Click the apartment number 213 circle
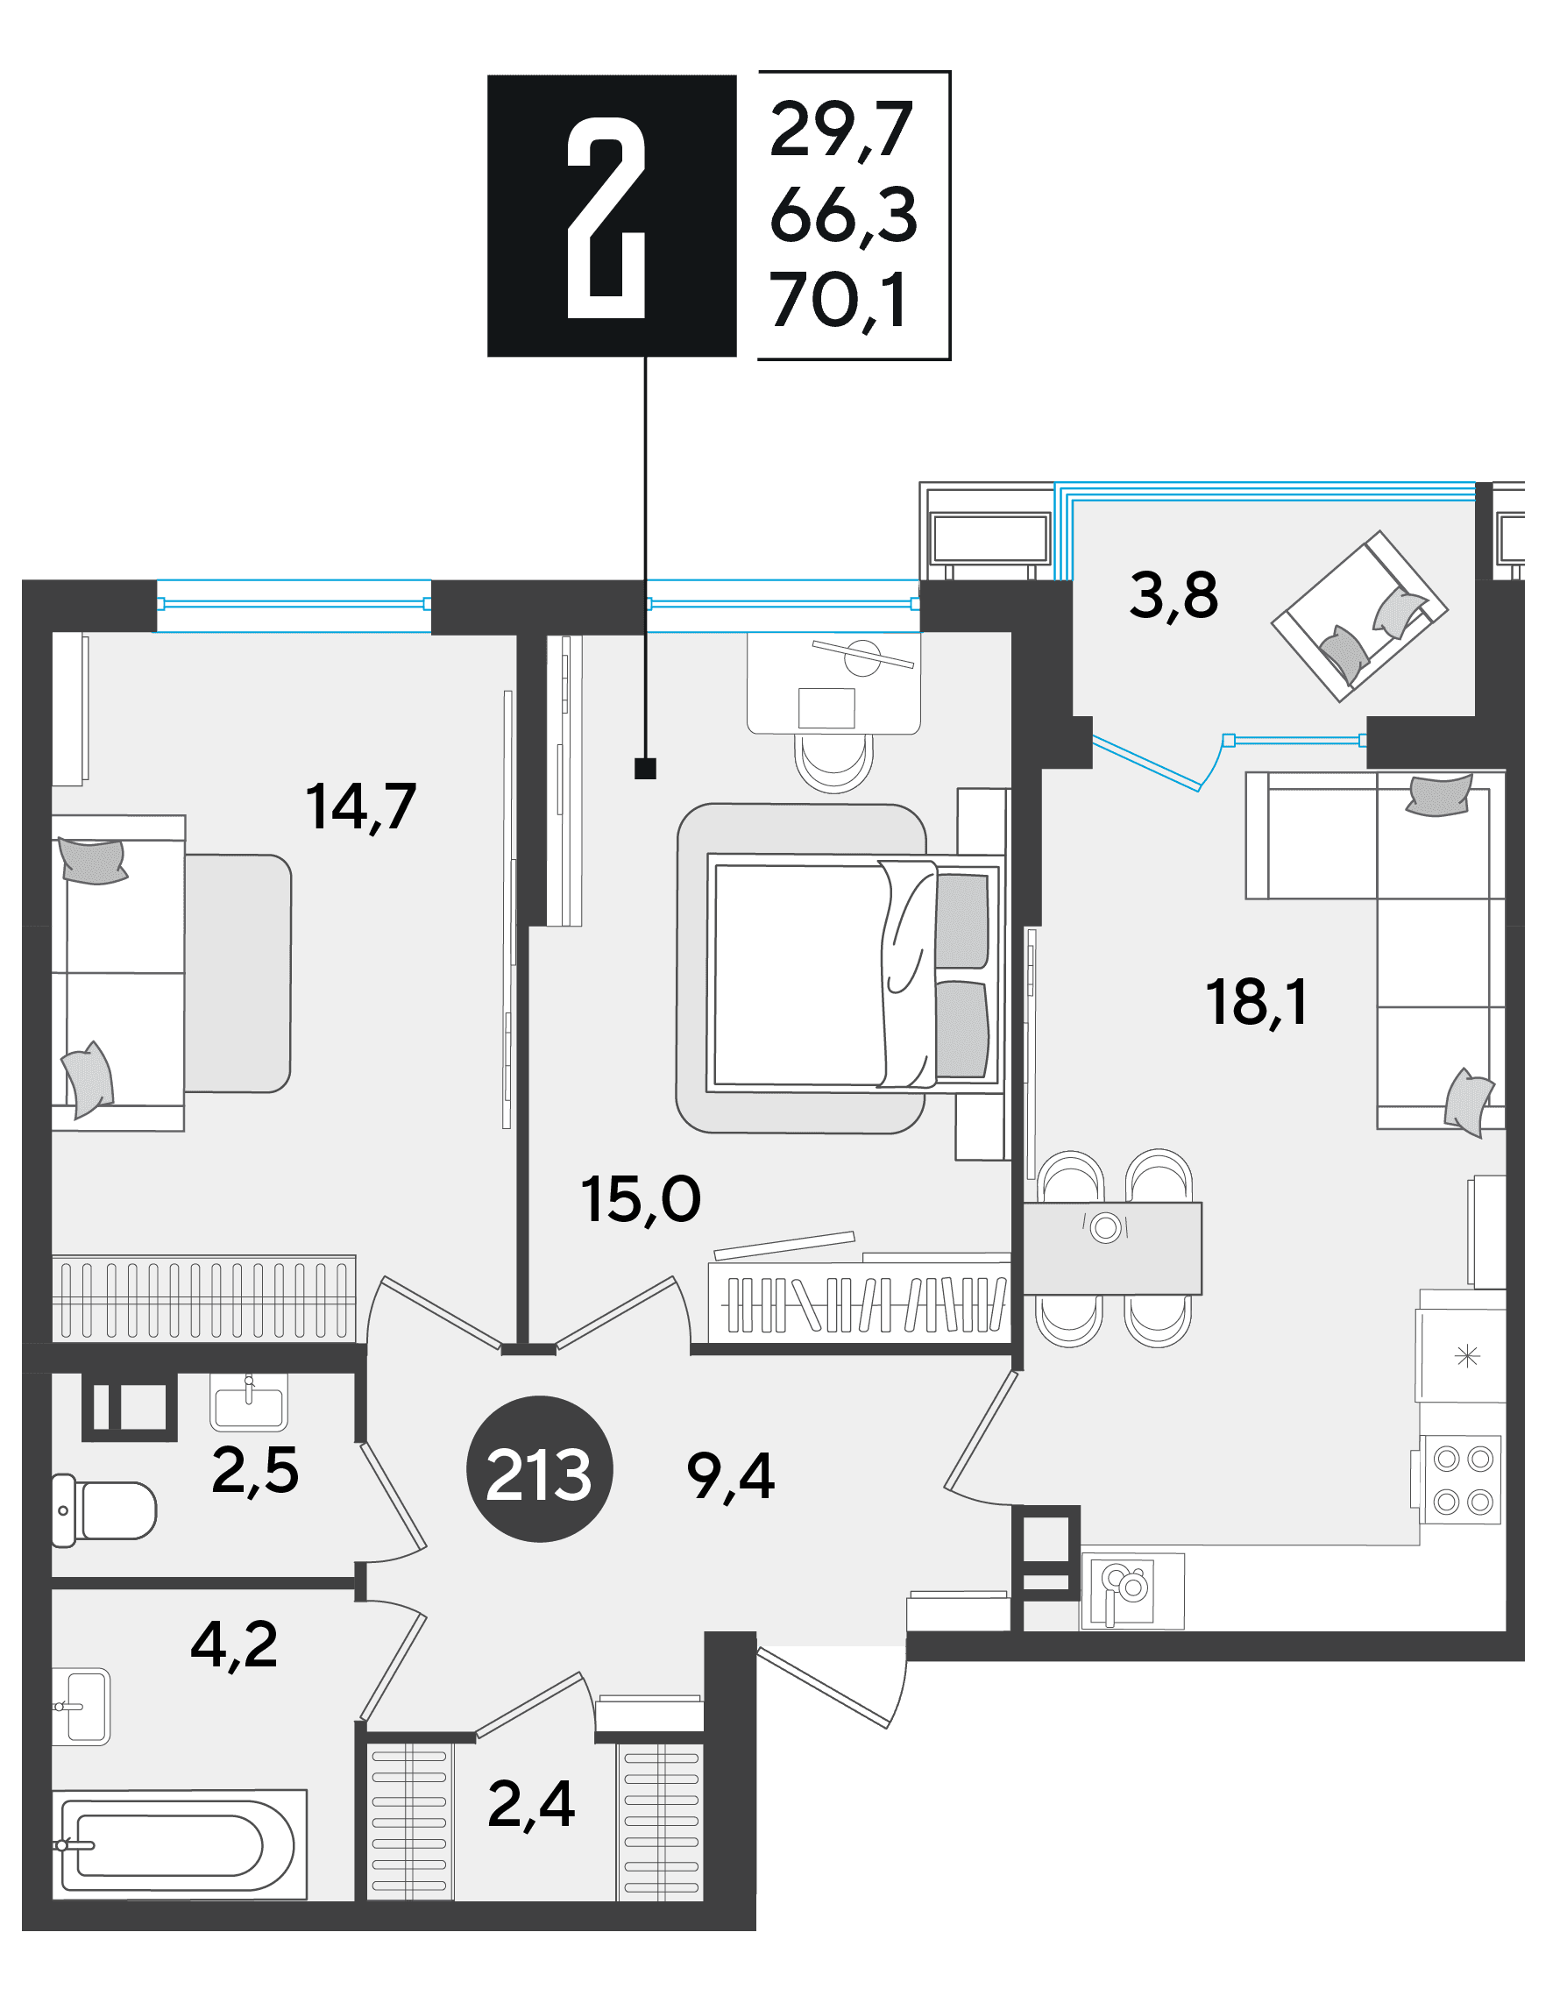tap(540, 1469)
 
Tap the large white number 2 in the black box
tap(606, 218)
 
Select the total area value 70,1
tap(840, 300)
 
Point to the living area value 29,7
tap(841, 130)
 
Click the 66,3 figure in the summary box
tap(843, 215)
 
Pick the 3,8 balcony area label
tap(1173, 595)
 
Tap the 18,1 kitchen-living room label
tap(1256, 1002)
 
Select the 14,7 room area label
tap(360, 807)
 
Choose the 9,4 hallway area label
tap(730, 1477)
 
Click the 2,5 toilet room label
tap(255, 1471)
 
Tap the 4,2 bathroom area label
tap(234, 1643)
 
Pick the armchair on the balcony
tap(1359, 615)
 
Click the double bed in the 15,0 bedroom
tap(854, 972)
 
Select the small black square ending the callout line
tap(645, 769)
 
